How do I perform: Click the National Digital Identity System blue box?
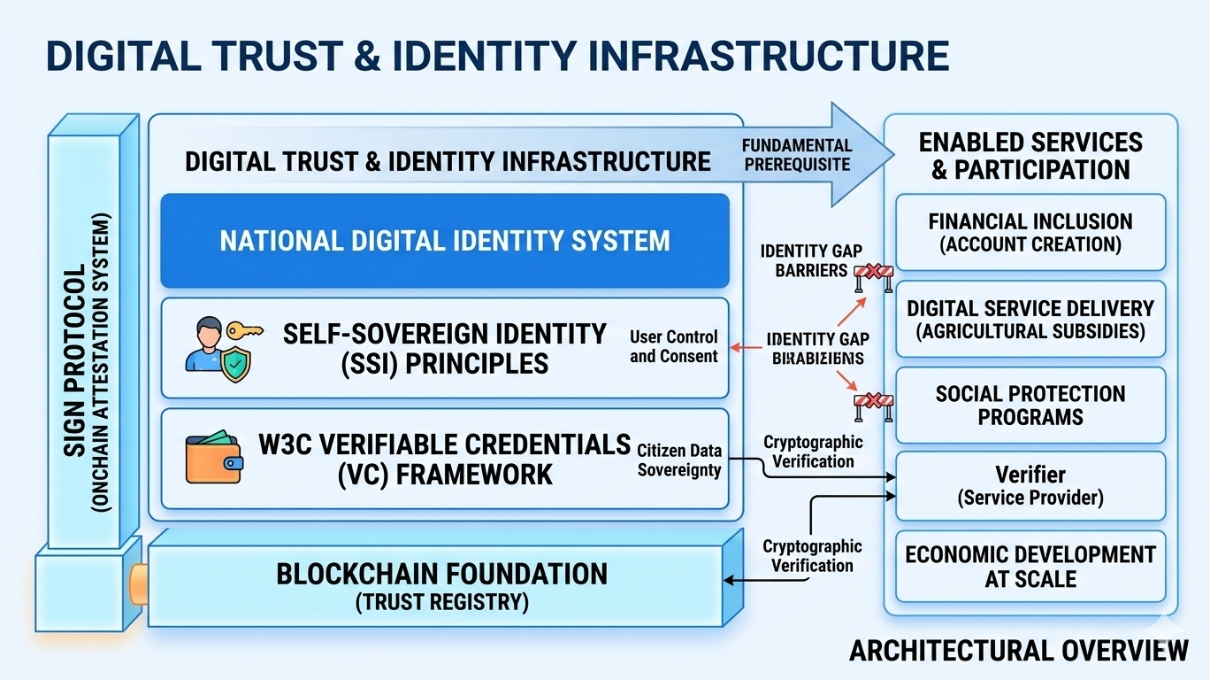pyautogui.click(x=444, y=241)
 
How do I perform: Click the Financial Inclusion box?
pyautogui.click(x=1030, y=232)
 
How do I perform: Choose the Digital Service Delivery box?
pyautogui.click(x=1030, y=319)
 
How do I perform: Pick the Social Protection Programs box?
pyautogui.click(x=1030, y=405)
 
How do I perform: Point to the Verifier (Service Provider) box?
pyautogui.click(x=1030, y=485)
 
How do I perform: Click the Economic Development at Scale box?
pyautogui.click(x=1030, y=567)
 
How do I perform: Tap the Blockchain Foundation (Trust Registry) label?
pyautogui.click(x=441, y=585)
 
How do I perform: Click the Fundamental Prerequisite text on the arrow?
pyautogui.click(x=797, y=154)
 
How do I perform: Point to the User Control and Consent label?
pyautogui.click(x=673, y=346)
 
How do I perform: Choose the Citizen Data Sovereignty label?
pyautogui.click(x=679, y=460)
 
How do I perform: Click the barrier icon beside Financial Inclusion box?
pyautogui.click(x=873, y=277)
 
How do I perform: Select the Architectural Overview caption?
pyautogui.click(x=1018, y=651)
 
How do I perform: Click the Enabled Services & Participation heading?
pyautogui.click(x=1030, y=156)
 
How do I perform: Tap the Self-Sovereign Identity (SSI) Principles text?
pyautogui.click(x=444, y=348)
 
